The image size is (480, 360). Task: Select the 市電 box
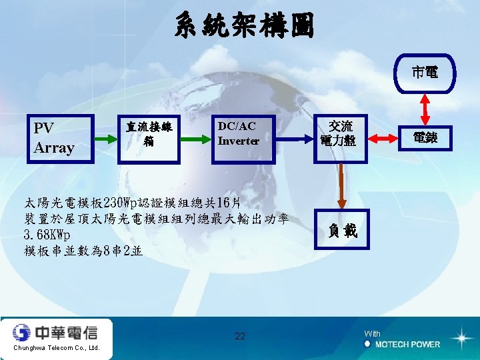(x=425, y=71)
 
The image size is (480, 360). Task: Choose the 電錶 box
(x=424, y=138)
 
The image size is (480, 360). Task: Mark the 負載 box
(x=341, y=230)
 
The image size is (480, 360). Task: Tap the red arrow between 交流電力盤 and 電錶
(x=382, y=138)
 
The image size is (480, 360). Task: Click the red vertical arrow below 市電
(x=425, y=107)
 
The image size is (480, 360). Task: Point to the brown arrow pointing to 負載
(x=341, y=186)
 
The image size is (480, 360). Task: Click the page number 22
(x=240, y=336)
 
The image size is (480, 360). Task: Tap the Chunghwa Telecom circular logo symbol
(x=23, y=331)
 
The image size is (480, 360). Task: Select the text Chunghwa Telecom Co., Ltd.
(x=56, y=348)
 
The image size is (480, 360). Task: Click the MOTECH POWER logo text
(x=407, y=345)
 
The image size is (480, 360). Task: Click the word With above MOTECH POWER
(x=373, y=333)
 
